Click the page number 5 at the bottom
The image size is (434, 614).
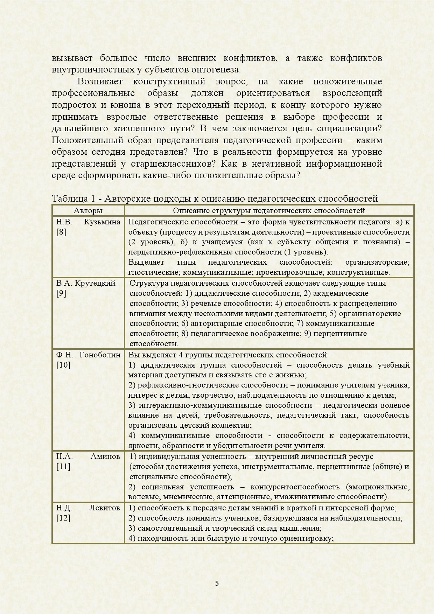217,583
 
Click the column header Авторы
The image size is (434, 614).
88,211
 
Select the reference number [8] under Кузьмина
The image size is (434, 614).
61,232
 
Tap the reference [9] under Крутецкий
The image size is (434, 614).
61,293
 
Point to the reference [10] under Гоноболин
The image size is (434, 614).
63,365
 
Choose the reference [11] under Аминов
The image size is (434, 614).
63,467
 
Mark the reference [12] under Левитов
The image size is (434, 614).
63,518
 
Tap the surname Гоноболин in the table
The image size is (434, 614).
100,355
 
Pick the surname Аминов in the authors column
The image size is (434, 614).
105,456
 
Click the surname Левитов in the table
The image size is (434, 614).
105,508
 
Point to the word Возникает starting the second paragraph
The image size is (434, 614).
100,82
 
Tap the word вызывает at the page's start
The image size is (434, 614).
72,58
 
